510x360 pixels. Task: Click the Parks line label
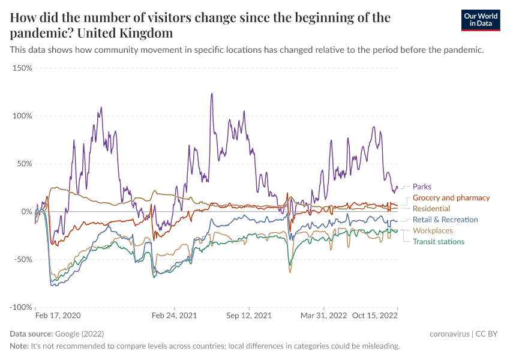click(422, 187)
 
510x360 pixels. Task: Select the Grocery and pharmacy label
click(451, 197)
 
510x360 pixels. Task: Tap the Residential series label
click(431, 208)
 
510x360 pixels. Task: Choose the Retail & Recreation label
click(445, 220)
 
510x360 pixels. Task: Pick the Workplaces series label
click(433, 230)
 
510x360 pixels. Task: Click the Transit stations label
click(438, 241)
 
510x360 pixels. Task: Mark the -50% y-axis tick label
click(22, 259)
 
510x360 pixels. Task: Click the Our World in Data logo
click(480, 20)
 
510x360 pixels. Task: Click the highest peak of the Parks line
click(212, 94)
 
